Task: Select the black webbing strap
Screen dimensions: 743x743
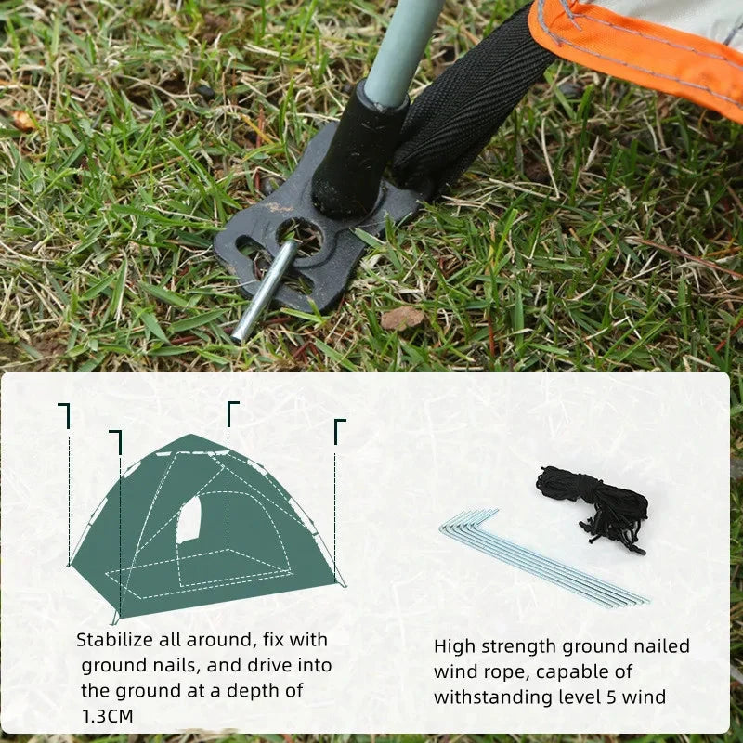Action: (474, 102)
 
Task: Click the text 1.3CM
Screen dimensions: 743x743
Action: (107, 716)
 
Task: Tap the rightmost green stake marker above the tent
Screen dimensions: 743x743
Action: (340, 427)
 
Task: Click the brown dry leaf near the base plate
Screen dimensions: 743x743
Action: (401, 319)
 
